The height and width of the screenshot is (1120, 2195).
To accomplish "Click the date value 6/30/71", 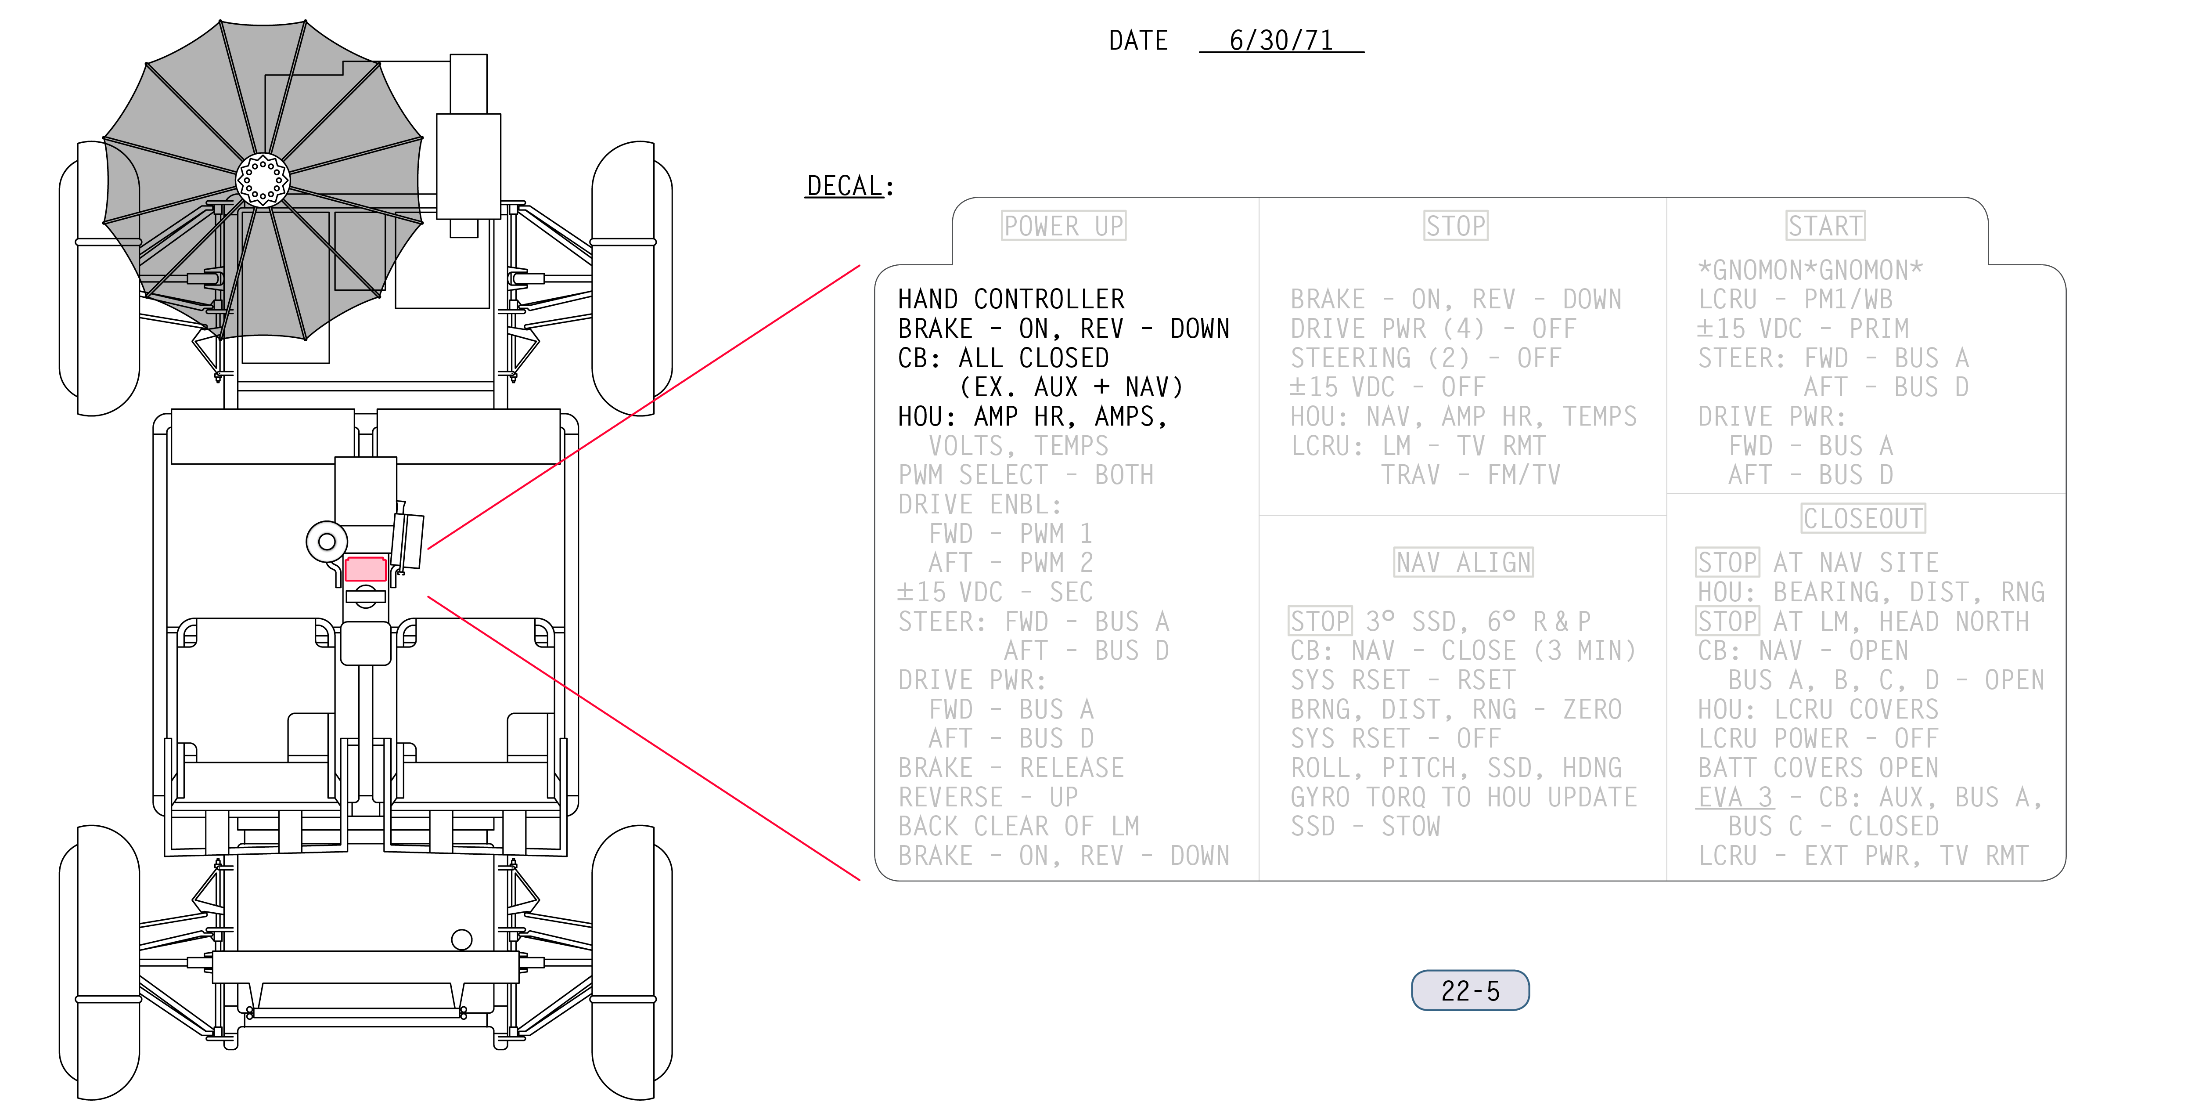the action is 1281,40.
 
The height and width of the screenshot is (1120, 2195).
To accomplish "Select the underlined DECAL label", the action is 845,186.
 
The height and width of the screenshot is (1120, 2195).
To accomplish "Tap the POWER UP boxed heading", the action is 1063,226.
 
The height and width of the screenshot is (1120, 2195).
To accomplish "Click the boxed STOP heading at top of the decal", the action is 1455,226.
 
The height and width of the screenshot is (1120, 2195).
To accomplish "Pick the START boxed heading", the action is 1825,226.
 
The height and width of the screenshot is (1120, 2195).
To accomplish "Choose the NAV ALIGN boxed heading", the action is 1463,563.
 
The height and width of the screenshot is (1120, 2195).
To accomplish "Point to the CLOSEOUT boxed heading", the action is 1864,518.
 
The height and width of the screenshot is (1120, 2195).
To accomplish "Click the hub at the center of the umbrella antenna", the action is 263,180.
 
